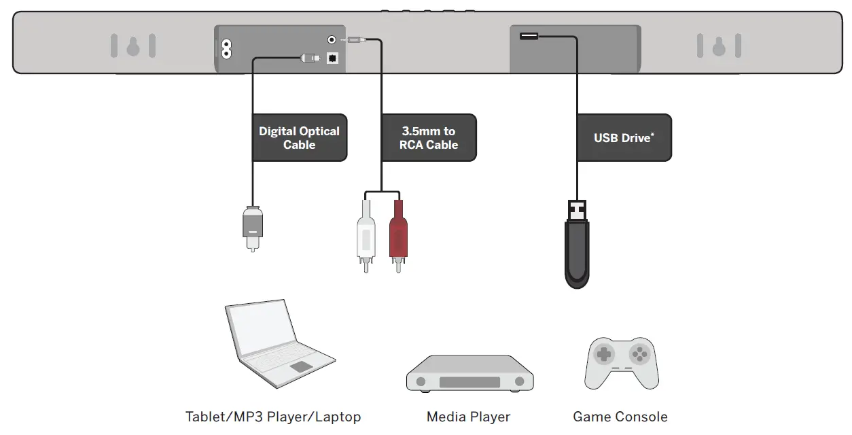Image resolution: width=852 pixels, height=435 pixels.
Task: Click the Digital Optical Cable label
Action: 299,138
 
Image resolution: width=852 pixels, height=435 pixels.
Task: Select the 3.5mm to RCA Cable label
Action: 428,138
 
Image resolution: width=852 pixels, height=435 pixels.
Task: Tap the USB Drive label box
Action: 624,138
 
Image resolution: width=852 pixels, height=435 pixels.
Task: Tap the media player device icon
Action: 469,374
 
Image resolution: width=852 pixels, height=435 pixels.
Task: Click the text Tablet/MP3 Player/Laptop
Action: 272,417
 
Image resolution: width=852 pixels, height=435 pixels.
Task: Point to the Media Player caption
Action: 468,417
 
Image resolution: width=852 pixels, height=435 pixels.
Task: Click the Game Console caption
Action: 620,417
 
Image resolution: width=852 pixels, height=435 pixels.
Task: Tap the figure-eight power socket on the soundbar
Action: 224,50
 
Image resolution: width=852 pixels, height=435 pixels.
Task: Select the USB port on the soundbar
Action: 529,36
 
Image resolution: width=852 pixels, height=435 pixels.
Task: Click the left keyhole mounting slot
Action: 133,46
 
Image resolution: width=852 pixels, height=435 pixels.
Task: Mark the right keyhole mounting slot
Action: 719,46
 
